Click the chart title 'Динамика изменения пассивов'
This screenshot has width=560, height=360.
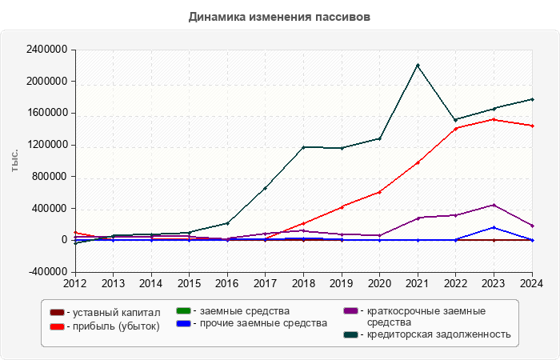(279, 17)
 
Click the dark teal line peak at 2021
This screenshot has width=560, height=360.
(418, 66)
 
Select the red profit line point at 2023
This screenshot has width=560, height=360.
(494, 119)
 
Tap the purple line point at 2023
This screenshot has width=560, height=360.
(494, 205)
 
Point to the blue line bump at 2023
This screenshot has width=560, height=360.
(494, 228)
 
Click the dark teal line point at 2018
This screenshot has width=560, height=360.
(303, 147)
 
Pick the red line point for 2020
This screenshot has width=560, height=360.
(379, 192)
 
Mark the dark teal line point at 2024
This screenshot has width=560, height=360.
(531, 99)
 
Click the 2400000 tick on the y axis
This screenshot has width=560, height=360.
(46, 50)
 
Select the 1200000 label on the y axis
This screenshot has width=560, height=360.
(46, 145)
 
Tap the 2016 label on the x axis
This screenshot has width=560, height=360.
(226, 283)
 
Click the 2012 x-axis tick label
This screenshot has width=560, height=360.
(74, 283)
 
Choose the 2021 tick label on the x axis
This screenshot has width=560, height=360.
(418, 283)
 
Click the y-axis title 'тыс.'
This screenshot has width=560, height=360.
(15, 161)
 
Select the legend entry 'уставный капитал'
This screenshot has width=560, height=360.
(113, 313)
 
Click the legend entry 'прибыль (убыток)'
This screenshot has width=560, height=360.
(113, 326)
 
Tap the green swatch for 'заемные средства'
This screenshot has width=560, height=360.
(182, 310)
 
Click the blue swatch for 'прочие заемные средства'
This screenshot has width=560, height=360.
(182, 323)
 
